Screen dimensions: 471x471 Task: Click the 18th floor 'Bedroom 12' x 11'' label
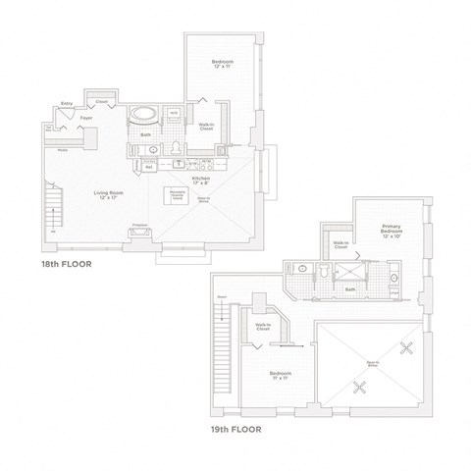[x=222, y=65]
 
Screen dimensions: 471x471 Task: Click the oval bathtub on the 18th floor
[x=144, y=113]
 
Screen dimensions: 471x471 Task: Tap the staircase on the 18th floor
[x=53, y=212]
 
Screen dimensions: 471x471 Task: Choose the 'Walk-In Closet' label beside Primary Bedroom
[x=340, y=245]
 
